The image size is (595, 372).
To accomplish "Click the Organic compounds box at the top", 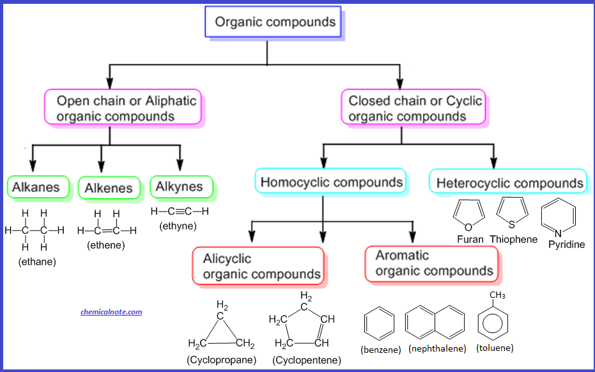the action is click(x=274, y=22).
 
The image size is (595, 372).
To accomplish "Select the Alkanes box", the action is click(x=38, y=187).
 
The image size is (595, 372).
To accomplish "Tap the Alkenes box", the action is click(x=109, y=187).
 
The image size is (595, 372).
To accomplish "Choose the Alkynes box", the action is click(x=182, y=187).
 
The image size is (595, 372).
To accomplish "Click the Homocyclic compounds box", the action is click(x=330, y=181).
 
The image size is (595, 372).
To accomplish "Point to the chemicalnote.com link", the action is click(x=111, y=312).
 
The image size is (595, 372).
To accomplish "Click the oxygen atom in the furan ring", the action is click(x=468, y=227).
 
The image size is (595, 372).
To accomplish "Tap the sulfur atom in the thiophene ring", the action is click(x=512, y=225).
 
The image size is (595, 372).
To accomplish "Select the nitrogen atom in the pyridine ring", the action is click(x=558, y=233).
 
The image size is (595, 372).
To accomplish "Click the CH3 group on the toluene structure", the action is click(x=497, y=295).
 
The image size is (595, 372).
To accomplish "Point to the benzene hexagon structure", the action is click(x=379, y=324).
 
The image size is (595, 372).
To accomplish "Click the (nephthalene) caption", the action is click(x=437, y=348).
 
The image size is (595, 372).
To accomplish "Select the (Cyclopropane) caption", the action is click(x=222, y=359).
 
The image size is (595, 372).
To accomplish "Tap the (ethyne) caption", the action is click(x=178, y=226).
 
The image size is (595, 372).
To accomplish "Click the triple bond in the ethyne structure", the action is click(x=178, y=212).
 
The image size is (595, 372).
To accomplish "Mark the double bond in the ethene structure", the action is click(x=107, y=230).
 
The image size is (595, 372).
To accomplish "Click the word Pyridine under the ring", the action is click(x=566, y=244).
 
